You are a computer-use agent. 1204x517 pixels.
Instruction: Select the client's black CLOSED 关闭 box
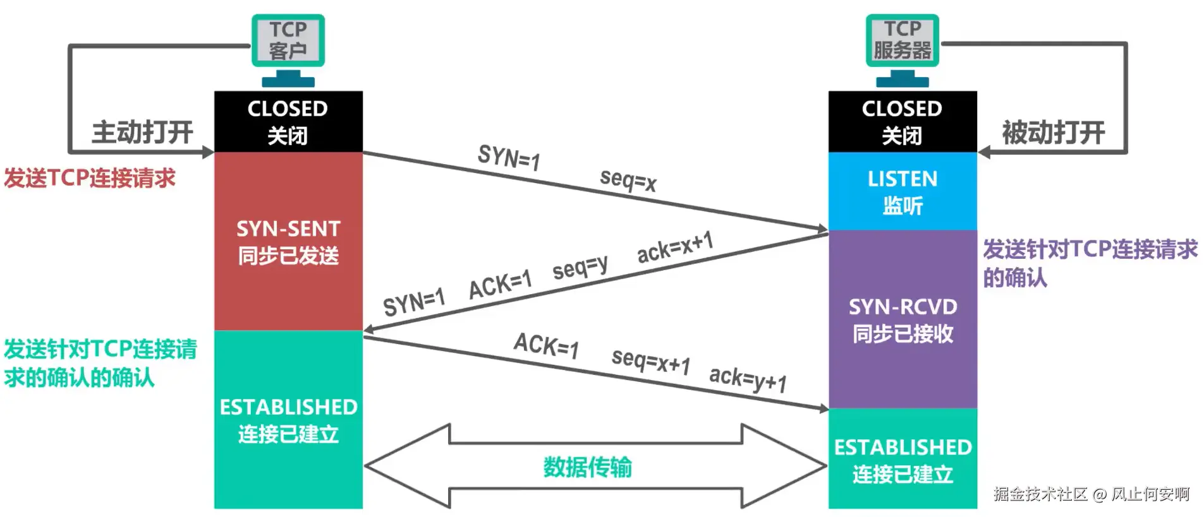(x=288, y=121)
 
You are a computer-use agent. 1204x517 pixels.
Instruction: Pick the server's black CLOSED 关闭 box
(x=902, y=121)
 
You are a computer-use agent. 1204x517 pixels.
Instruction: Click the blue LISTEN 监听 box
(x=902, y=191)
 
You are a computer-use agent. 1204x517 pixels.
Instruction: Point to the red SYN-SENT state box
(x=288, y=242)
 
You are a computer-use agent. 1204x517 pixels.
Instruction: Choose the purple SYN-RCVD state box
(x=902, y=319)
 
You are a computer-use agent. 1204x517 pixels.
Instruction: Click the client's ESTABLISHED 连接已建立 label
(x=288, y=420)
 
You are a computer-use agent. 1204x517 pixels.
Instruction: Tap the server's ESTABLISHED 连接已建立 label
(x=902, y=460)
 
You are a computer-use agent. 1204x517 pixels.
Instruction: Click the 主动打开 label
(x=142, y=133)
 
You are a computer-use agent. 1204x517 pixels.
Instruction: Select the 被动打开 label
(x=1053, y=133)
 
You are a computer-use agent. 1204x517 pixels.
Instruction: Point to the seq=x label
(x=628, y=180)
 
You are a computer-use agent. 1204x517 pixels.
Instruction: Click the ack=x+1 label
(x=675, y=247)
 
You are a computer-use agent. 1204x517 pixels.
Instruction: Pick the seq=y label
(x=580, y=267)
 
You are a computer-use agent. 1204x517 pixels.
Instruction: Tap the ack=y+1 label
(x=748, y=379)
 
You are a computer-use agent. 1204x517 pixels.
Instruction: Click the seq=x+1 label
(x=650, y=362)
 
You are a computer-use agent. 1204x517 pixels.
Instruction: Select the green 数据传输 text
(x=587, y=467)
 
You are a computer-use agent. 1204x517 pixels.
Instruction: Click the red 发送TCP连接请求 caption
(x=90, y=178)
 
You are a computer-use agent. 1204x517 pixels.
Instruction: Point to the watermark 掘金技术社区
(x=1040, y=494)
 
